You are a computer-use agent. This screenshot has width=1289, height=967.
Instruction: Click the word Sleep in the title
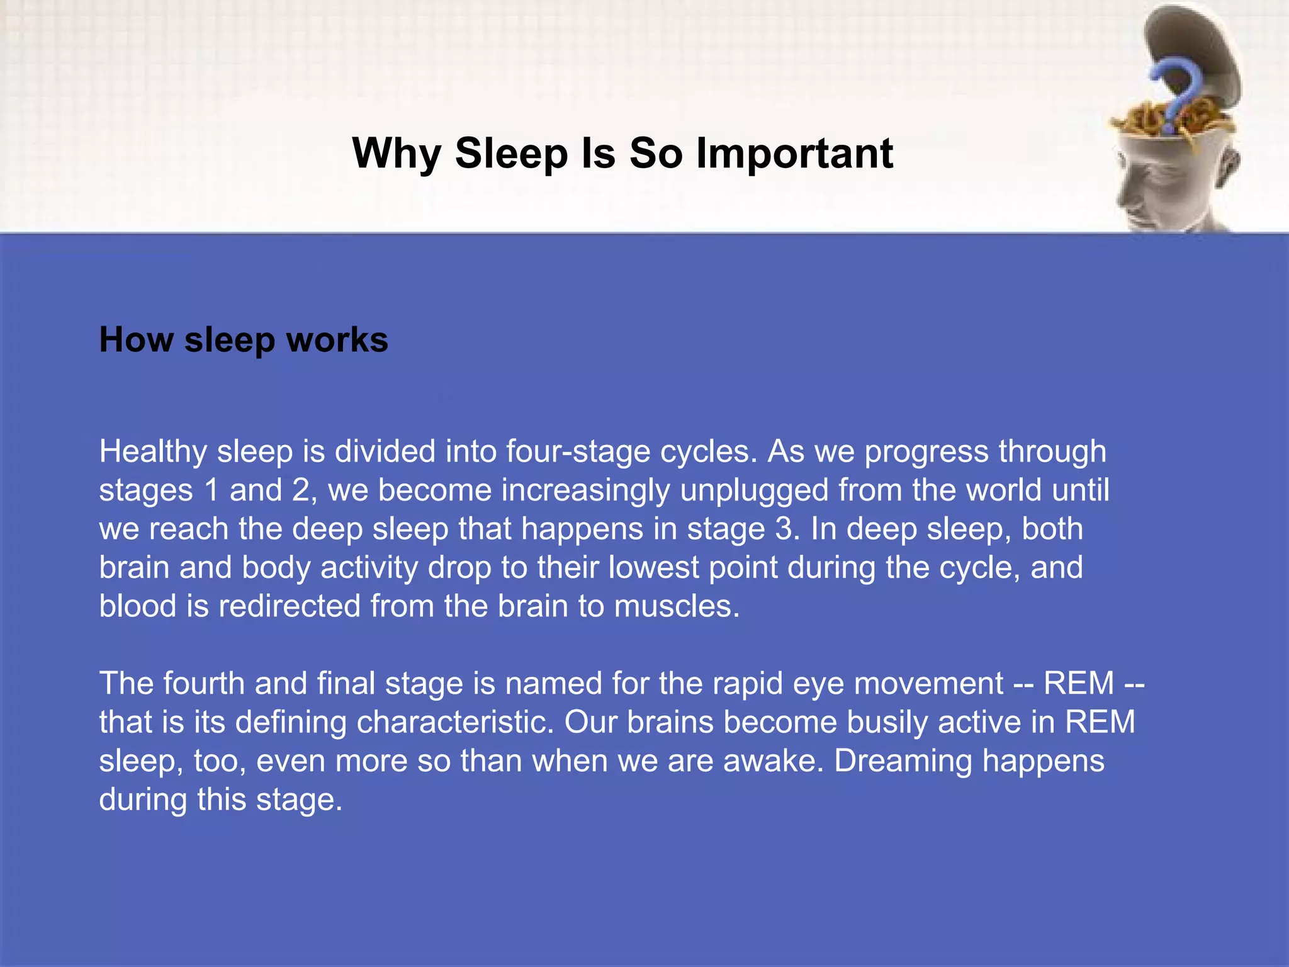click(511, 153)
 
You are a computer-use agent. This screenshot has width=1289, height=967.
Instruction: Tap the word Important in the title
click(794, 153)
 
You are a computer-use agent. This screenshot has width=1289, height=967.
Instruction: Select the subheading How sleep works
click(244, 340)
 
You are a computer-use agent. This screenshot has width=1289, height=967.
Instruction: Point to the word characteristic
click(455, 722)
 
